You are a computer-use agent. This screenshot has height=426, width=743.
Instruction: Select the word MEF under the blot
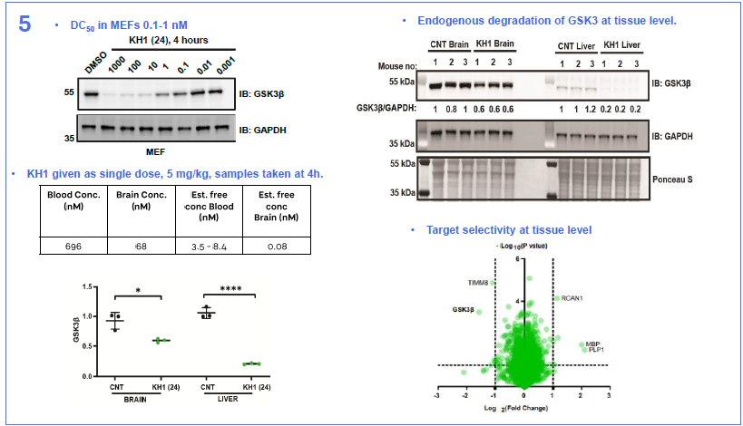[156, 150]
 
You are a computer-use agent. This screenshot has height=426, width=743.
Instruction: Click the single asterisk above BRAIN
[138, 291]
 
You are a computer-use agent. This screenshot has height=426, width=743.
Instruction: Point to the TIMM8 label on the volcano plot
[478, 283]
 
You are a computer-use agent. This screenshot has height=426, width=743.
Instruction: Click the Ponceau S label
[672, 180]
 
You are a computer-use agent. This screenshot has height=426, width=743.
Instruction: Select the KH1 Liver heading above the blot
[624, 44]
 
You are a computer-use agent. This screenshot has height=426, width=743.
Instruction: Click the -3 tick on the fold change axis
[439, 395]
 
